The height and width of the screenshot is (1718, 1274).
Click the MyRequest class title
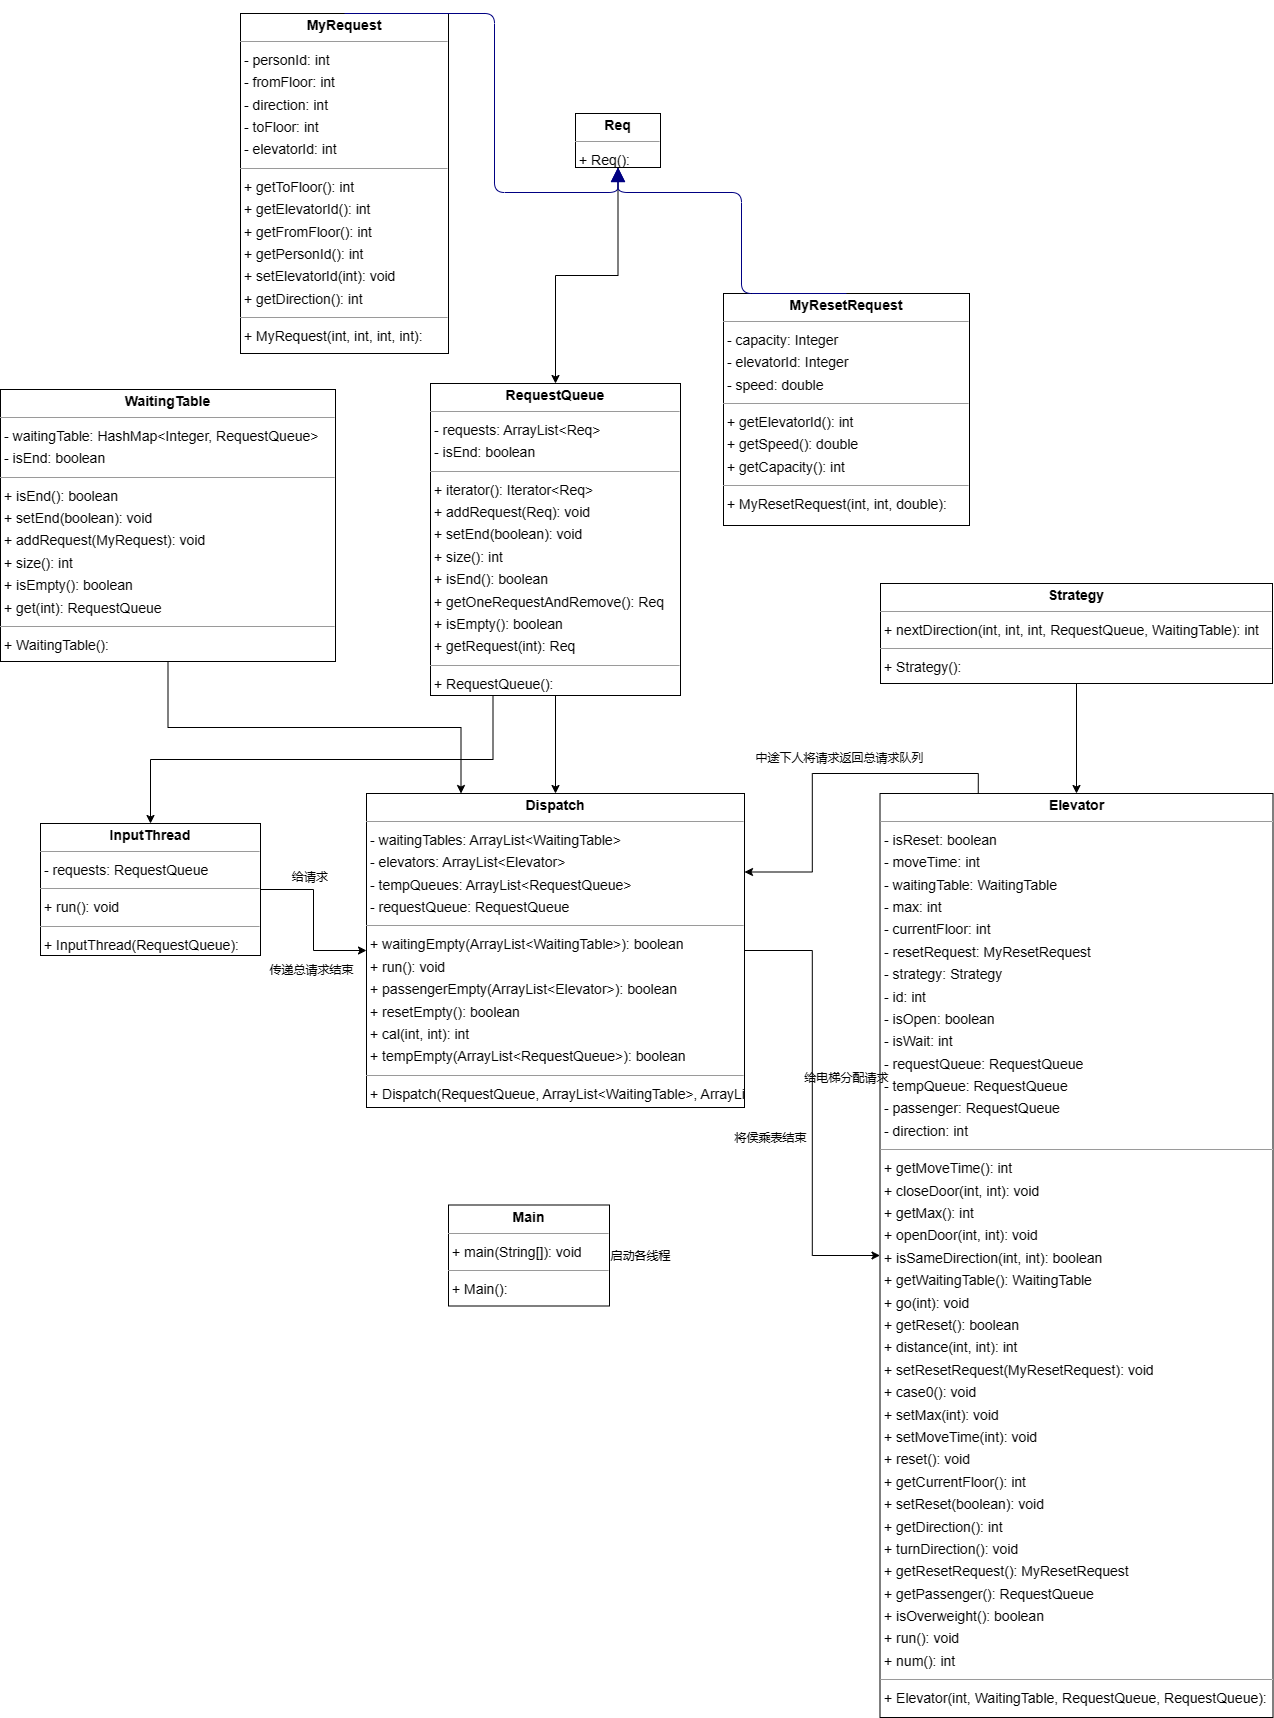tap(344, 26)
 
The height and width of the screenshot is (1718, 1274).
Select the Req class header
tap(618, 126)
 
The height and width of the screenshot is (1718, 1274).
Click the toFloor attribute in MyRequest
tap(285, 127)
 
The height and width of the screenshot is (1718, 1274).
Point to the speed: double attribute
tap(775, 385)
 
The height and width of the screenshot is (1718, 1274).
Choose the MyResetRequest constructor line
tap(836, 504)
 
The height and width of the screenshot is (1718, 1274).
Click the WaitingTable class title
tap(167, 402)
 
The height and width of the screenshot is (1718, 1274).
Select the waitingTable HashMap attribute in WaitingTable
tap(161, 436)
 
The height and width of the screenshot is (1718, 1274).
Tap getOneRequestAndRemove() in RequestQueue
tap(548, 602)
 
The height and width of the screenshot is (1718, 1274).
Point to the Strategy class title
tap(1076, 596)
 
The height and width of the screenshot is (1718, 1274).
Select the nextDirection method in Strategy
tap(1071, 630)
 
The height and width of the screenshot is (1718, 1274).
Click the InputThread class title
tap(150, 836)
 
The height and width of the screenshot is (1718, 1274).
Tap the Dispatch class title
tap(555, 806)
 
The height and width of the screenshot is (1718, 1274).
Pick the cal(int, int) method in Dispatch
tap(419, 1034)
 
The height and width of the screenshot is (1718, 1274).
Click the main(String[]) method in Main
tap(516, 1252)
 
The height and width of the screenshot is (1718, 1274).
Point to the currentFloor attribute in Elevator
tap(937, 929)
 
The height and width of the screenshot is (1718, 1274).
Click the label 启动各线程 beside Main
tap(641, 1256)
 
